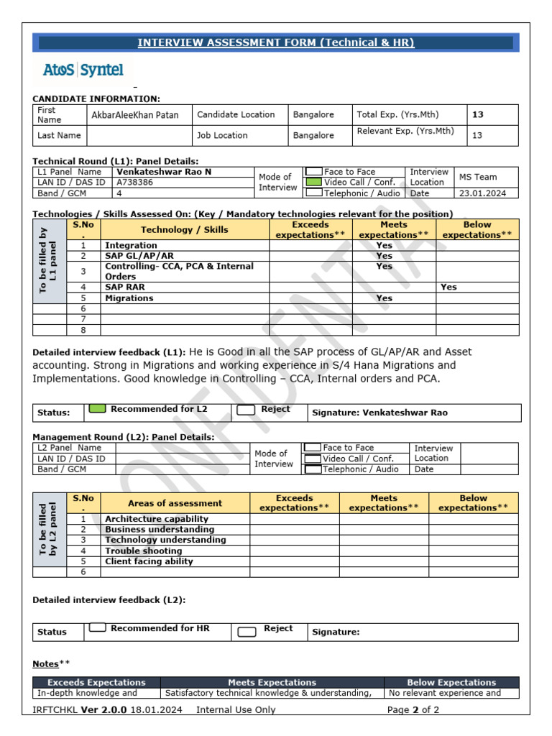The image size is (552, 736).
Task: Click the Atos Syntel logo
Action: (83, 70)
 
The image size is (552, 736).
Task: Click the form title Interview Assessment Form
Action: (276, 43)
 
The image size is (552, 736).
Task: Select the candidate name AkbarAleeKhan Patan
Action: (135, 115)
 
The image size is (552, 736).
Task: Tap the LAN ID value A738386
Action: (134, 183)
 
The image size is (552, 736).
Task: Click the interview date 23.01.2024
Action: (482, 193)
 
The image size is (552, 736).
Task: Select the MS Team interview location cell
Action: (478, 177)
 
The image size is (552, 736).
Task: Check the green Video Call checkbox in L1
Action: (313, 183)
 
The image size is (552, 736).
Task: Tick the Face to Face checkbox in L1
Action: (313, 172)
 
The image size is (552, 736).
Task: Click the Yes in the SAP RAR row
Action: (448, 287)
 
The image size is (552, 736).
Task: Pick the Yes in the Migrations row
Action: (385, 298)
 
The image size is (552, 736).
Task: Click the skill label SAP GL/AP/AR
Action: (139, 256)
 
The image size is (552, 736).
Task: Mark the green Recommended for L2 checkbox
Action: (96, 409)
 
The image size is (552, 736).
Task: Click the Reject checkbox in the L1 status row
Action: (246, 410)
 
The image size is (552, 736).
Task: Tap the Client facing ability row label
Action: (149, 561)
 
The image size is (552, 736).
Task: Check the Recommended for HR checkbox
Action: (97, 628)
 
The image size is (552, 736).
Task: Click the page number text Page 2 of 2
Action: (413, 710)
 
